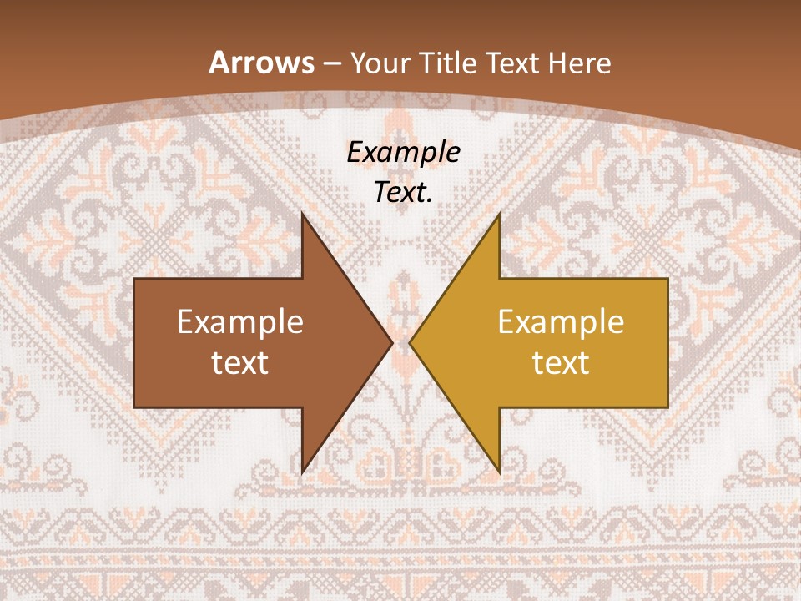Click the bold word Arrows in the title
261,63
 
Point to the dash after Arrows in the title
330,64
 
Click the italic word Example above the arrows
403,153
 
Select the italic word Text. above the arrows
403,193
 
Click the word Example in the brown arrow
240,322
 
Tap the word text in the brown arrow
240,362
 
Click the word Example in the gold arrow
561,322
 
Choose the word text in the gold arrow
561,362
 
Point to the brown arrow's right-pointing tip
391,342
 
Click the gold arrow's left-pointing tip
410,342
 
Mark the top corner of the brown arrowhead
302,214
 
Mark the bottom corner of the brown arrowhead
302,472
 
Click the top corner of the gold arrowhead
499,214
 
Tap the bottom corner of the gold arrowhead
499,472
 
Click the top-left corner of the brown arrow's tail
134,279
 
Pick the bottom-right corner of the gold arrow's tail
667,407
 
